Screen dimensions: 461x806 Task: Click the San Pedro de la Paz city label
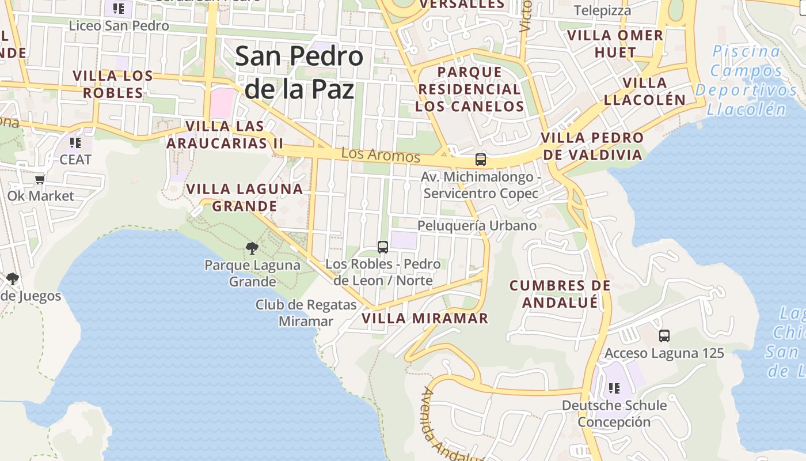pos(299,73)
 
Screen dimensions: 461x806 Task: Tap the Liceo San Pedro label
pos(119,26)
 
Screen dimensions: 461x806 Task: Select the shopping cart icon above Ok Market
pos(40,180)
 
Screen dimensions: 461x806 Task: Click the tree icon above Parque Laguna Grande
pos(252,248)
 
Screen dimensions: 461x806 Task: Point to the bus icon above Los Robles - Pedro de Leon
pos(383,247)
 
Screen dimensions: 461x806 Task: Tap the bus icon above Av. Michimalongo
pos(481,160)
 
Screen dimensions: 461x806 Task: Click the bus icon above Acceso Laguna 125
pos(664,336)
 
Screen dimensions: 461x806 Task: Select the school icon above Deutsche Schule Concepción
pos(614,388)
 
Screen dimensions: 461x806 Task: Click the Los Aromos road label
pos(381,155)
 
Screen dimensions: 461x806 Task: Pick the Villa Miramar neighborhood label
pos(425,318)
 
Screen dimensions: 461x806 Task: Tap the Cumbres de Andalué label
pos(560,294)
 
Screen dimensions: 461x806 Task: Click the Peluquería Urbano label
pos(477,225)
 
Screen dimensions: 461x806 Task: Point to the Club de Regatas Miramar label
pos(306,313)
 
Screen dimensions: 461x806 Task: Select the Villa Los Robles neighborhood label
pos(113,84)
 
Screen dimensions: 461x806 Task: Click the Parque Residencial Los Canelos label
pos(470,89)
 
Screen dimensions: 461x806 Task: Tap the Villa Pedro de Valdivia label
pos(592,146)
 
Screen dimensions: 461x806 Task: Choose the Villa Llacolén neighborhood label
pos(645,91)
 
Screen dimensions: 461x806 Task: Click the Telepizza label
pos(602,10)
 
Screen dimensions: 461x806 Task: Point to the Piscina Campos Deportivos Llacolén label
pos(746,80)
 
